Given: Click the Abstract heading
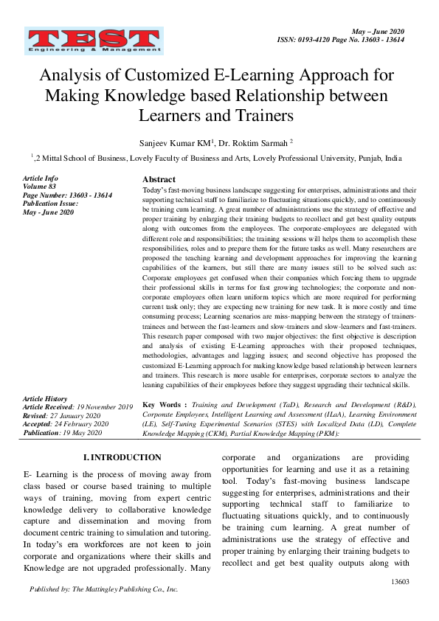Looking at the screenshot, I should click(x=159, y=179).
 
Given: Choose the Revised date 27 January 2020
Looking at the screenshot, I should click(x=81, y=415).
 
